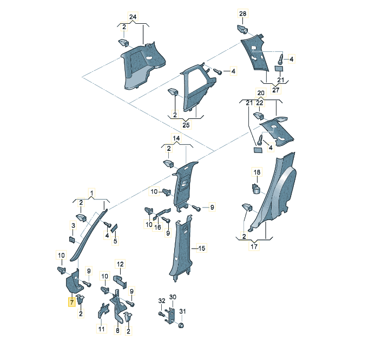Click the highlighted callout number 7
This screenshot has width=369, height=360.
(71, 302)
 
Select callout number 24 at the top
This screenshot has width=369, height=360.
(133, 17)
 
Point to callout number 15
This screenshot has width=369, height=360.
(202, 249)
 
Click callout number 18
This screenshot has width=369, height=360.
(257, 172)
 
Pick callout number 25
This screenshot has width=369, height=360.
(186, 125)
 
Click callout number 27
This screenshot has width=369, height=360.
(276, 90)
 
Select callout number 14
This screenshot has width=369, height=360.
(176, 138)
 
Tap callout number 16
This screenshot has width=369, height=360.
(157, 228)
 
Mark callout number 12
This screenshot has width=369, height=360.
(120, 264)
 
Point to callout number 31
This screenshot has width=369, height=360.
(182, 311)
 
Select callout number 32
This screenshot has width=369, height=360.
(161, 301)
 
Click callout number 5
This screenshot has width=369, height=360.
(115, 241)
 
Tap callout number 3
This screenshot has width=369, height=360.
(74, 225)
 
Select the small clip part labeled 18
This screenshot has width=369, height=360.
(256, 188)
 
